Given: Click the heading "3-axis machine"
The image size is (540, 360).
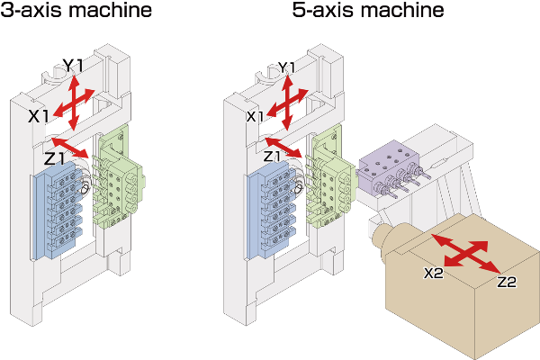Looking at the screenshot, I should point(76,13).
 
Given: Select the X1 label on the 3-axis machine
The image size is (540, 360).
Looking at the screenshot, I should point(39,116).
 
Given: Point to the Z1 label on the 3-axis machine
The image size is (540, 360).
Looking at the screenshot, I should point(55,158).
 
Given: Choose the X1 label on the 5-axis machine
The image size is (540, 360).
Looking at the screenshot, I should point(256,117).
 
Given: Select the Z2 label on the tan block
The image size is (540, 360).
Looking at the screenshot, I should point(507,282).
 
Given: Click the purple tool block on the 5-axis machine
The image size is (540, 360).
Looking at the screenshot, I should point(391,167).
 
